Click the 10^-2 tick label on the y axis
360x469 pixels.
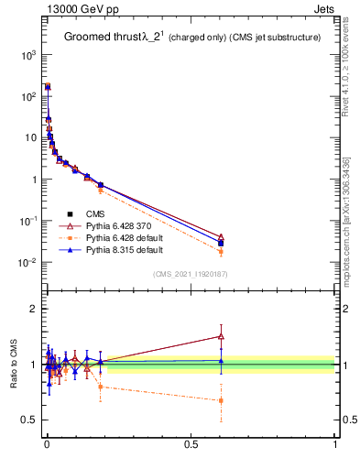click(27, 263)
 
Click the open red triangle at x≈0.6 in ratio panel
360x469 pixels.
click(221, 336)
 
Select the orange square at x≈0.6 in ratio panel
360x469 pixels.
click(221, 400)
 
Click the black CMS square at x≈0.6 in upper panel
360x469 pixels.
click(221, 243)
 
